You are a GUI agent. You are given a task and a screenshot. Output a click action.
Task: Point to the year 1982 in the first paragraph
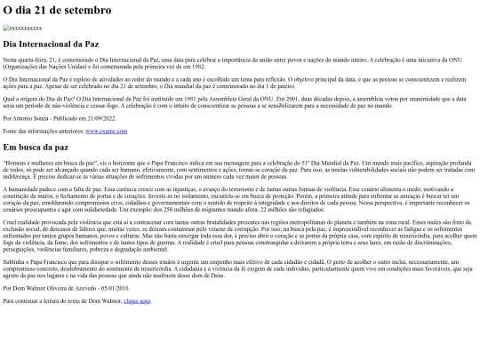tap(205, 65)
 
